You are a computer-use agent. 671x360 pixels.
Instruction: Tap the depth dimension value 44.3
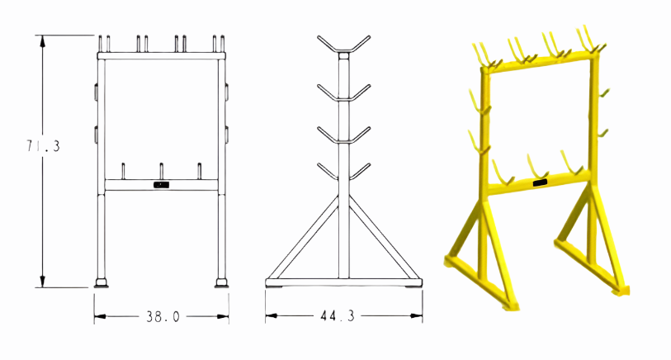[340, 316]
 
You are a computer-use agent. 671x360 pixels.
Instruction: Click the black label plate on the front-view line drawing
[161, 186]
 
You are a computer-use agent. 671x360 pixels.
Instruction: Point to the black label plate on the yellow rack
[541, 182]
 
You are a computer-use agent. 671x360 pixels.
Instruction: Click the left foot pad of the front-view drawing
[102, 284]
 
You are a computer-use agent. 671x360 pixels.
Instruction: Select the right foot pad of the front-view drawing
[221, 284]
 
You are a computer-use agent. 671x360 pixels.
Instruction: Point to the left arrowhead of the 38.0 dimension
[98, 316]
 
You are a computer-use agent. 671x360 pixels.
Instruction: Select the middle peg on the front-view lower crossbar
[161, 170]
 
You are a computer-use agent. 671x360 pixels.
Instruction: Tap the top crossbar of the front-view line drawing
[161, 56]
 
